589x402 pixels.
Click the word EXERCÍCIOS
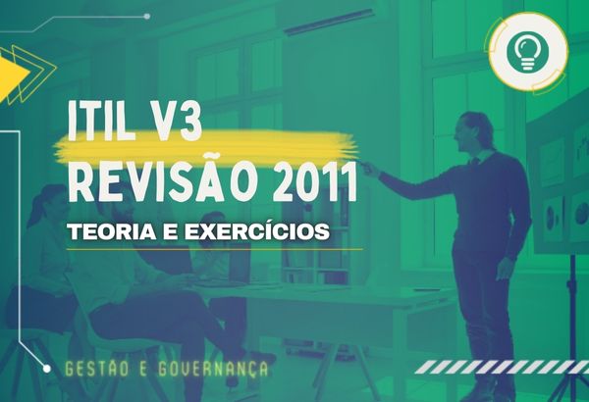257,230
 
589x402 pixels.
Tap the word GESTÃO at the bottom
98,369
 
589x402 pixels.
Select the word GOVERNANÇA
213,370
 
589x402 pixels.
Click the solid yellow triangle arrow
12,73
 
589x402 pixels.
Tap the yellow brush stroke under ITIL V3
206,147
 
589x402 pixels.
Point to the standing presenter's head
473,131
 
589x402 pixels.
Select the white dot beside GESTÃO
46,369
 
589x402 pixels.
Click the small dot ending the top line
147,16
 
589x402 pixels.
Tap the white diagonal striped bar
502,367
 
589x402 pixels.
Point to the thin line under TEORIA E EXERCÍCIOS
214,249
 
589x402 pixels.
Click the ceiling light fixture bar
329,23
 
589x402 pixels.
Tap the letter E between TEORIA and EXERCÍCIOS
171,232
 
